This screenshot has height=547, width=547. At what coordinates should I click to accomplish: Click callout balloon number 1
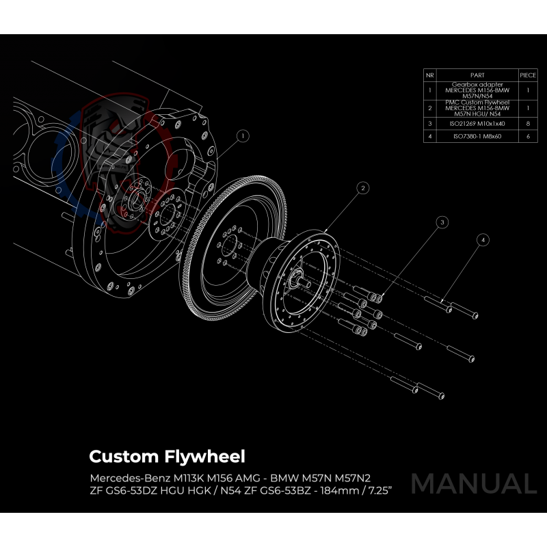click(x=242, y=136)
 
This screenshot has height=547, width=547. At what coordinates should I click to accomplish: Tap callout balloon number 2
click(x=363, y=187)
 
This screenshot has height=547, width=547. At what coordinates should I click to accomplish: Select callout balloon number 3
click(x=442, y=222)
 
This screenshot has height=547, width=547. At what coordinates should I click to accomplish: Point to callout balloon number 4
click(x=483, y=240)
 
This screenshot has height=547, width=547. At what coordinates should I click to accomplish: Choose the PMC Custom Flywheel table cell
click(x=477, y=108)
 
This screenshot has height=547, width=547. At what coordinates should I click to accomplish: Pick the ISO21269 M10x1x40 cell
click(x=477, y=124)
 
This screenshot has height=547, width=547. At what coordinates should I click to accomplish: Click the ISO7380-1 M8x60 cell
click(x=477, y=137)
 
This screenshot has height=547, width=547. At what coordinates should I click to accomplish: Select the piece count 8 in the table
click(x=528, y=124)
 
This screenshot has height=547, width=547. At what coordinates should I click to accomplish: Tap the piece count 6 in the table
click(x=528, y=137)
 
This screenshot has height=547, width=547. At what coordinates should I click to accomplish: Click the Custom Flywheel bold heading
click(x=167, y=456)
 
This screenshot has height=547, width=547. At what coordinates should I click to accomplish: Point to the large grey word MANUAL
click(x=473, y=483)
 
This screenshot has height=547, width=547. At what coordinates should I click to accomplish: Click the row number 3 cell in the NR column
click(x=430, y=124)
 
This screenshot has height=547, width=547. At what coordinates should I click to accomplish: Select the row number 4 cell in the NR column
click(x=430, y=137)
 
